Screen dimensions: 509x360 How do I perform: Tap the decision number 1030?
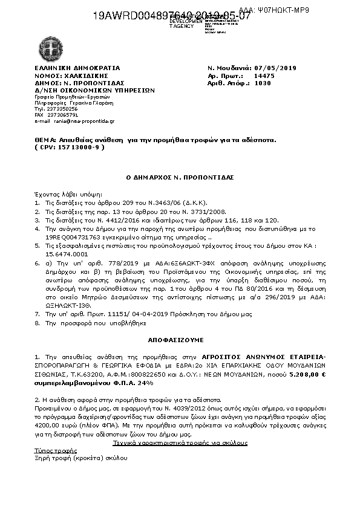pos(263,83)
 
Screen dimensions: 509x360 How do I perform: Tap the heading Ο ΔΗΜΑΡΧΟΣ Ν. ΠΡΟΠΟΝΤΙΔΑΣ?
pos(179,177)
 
